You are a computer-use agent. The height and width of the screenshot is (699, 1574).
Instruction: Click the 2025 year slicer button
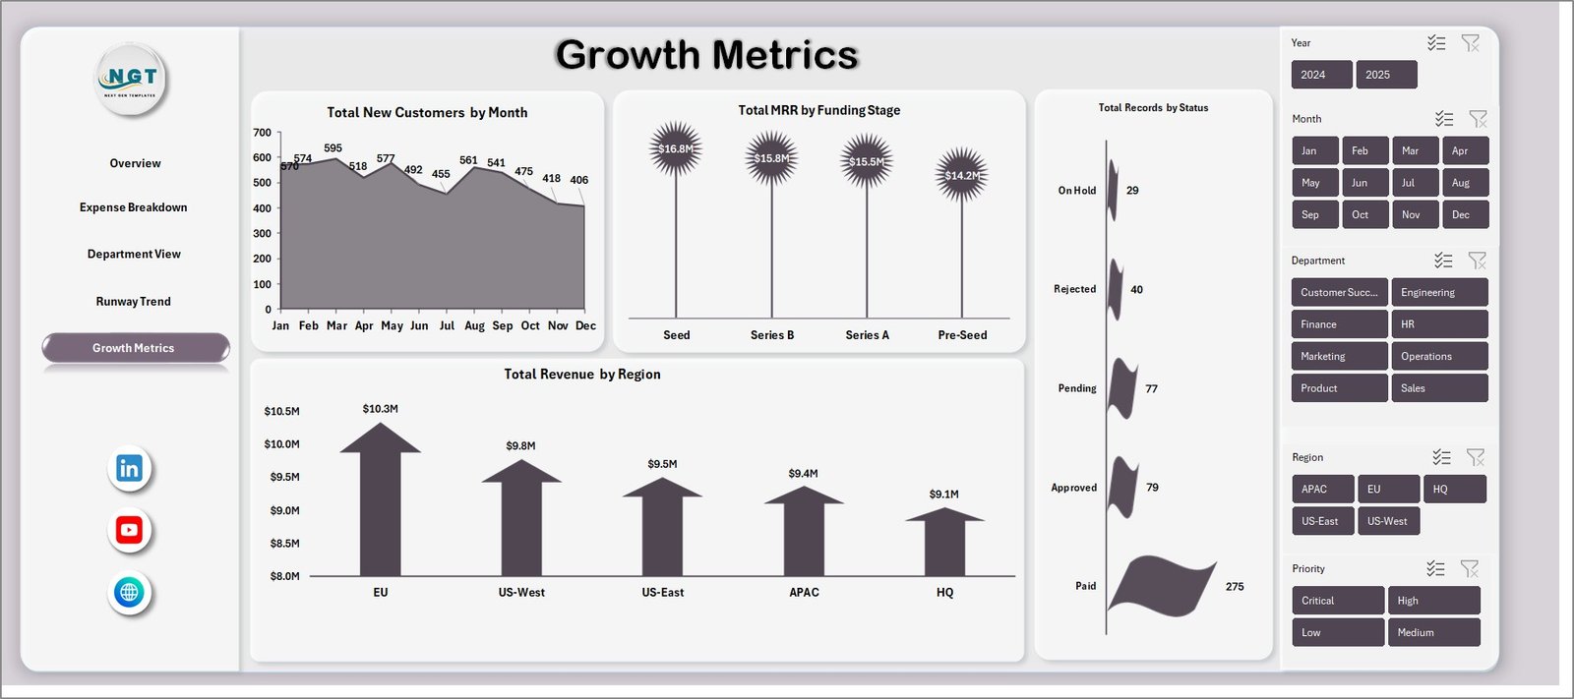point(1385,75)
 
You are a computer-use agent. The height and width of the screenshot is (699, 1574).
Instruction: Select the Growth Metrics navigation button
point(135,348)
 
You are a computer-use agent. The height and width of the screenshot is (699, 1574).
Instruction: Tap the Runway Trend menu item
point(134,302)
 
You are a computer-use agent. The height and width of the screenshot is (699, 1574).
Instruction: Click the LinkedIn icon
point(129,469)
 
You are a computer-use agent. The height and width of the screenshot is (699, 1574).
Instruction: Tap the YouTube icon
point(129,531)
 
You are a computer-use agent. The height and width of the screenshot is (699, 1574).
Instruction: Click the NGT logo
point(132,79)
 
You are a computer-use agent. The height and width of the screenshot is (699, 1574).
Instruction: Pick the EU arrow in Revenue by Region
point(380,501)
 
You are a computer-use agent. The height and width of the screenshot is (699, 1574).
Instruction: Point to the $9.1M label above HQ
point(943,495)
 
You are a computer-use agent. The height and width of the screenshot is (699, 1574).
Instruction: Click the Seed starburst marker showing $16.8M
point(676,149)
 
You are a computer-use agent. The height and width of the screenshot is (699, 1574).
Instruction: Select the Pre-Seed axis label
point(962,335)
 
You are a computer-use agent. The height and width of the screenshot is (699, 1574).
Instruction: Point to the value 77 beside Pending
point(1151,389)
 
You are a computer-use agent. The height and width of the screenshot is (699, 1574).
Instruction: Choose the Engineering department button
point(1438,293)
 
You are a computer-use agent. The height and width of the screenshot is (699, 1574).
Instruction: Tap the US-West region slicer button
point(1387,521)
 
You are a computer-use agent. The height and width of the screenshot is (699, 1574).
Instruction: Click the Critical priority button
point(1337,601)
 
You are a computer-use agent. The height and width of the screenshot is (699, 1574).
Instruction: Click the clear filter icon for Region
point(1475,457)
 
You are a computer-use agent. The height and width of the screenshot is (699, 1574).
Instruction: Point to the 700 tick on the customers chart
point(262,133)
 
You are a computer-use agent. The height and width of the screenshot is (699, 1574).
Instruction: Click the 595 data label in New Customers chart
point(333,148)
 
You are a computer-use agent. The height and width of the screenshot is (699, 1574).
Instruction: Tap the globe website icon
point(129,593)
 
